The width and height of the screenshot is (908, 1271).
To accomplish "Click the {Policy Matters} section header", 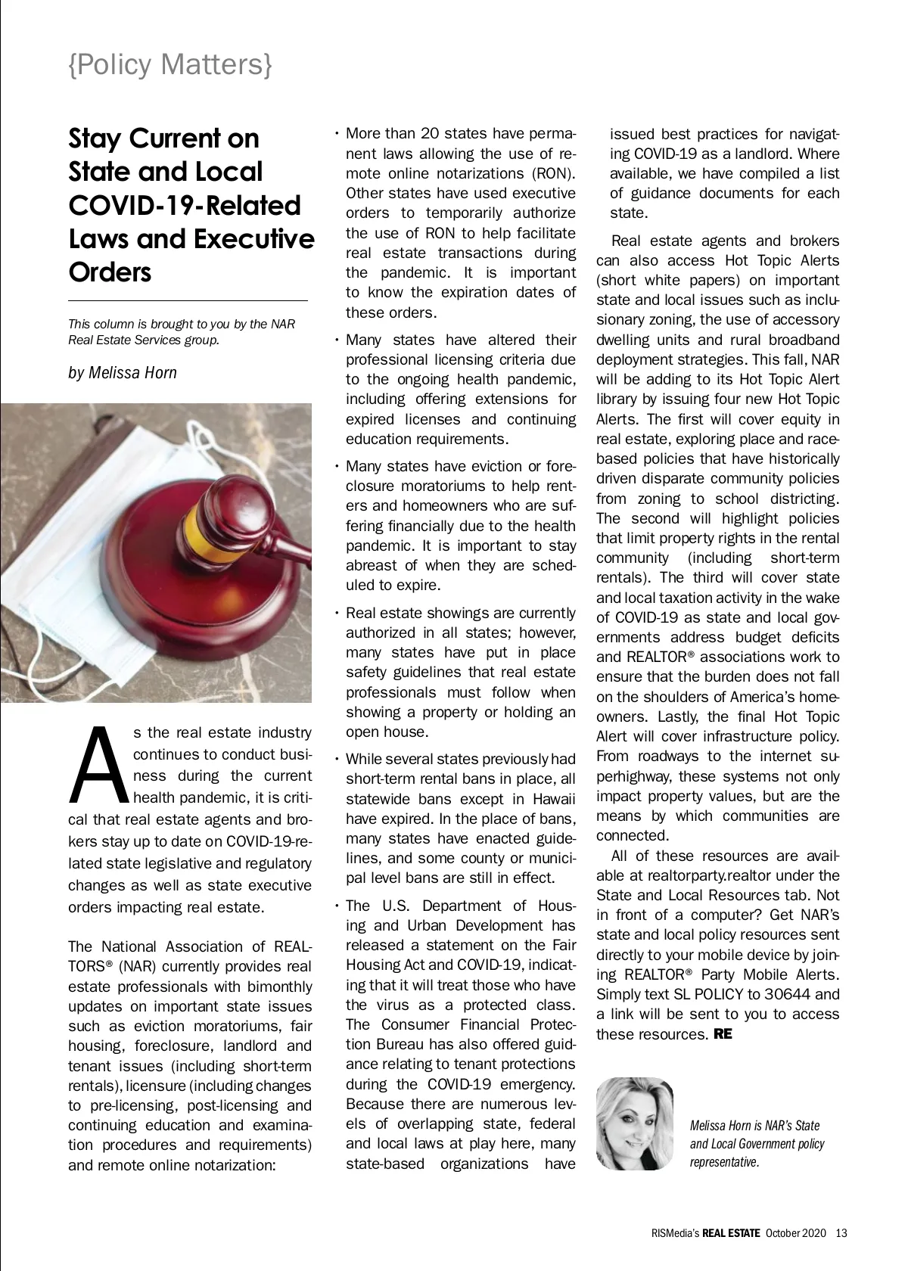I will pos(170,65).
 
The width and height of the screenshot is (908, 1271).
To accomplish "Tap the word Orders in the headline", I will pos(110,272).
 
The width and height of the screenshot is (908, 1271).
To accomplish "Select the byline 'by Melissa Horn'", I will pos(123,372).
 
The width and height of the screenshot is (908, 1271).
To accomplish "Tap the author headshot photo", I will pos(635,1124).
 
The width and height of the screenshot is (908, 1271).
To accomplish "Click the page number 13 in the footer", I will pos(841,1233).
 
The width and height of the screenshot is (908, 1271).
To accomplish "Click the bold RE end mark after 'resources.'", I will pos(723,1033).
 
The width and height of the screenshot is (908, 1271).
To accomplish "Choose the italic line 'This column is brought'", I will pos(182,324).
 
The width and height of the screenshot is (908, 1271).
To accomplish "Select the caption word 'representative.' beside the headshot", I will pos(724,1162).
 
